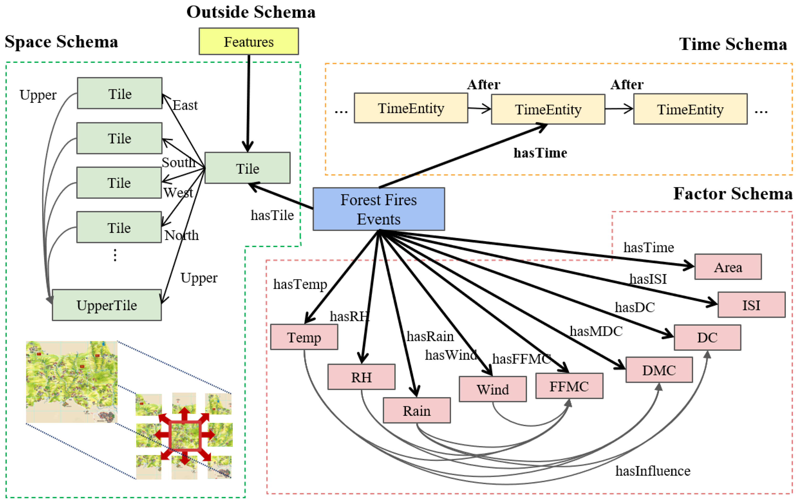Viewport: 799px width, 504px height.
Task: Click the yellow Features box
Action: [x=249, y=42]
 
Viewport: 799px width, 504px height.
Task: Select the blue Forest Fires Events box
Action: [x=379, y=209]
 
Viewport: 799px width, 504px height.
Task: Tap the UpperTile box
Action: [x=107, y=305]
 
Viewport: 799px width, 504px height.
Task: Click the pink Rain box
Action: [x=417, y=411]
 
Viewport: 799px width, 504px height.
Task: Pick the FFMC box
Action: [x=569, y=386]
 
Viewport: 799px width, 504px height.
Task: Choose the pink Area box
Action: [x=728, y=267]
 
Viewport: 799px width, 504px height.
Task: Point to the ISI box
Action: [x=751, y=305]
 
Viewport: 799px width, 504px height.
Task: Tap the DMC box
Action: [x=659, y=370]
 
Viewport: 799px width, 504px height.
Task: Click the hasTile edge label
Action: [x=272, y=215]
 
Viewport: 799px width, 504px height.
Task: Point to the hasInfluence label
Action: [x=653, y=471]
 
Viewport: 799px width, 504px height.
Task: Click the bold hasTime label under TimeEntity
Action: [x=540, y=153]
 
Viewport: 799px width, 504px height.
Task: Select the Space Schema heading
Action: [x=61, y=42]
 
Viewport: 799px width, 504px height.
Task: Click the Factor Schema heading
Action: [x=733, y=194]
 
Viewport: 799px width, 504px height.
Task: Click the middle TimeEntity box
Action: [x=548, y=109]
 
